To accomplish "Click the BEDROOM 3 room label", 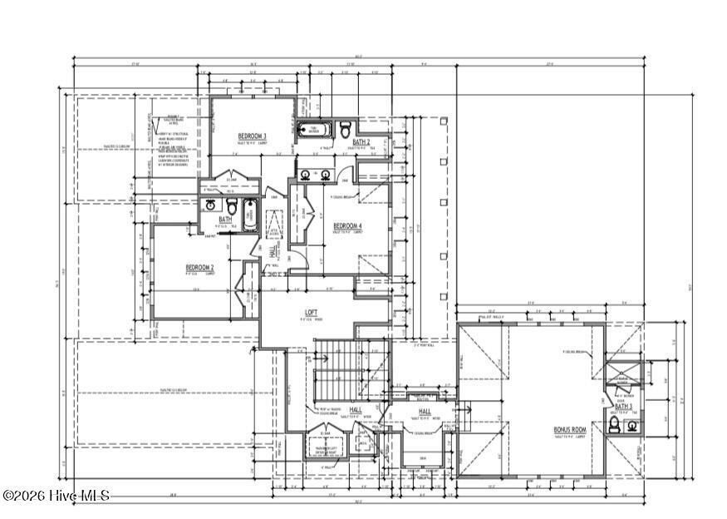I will pos(252,136).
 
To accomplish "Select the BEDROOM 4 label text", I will pos(347,226).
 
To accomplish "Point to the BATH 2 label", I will pos(361,142).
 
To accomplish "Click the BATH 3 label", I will pos(623,407).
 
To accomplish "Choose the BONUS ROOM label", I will pos(569,430).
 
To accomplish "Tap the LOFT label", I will pos(311,313).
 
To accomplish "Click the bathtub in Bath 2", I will pos(315,130).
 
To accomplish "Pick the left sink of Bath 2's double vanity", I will pos(306,175).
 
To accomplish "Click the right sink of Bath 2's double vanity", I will pos(326,175).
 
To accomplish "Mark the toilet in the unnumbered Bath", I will pos(232,205).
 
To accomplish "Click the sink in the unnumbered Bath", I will pos(211,205).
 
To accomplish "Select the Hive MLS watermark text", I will pos(56,496).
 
